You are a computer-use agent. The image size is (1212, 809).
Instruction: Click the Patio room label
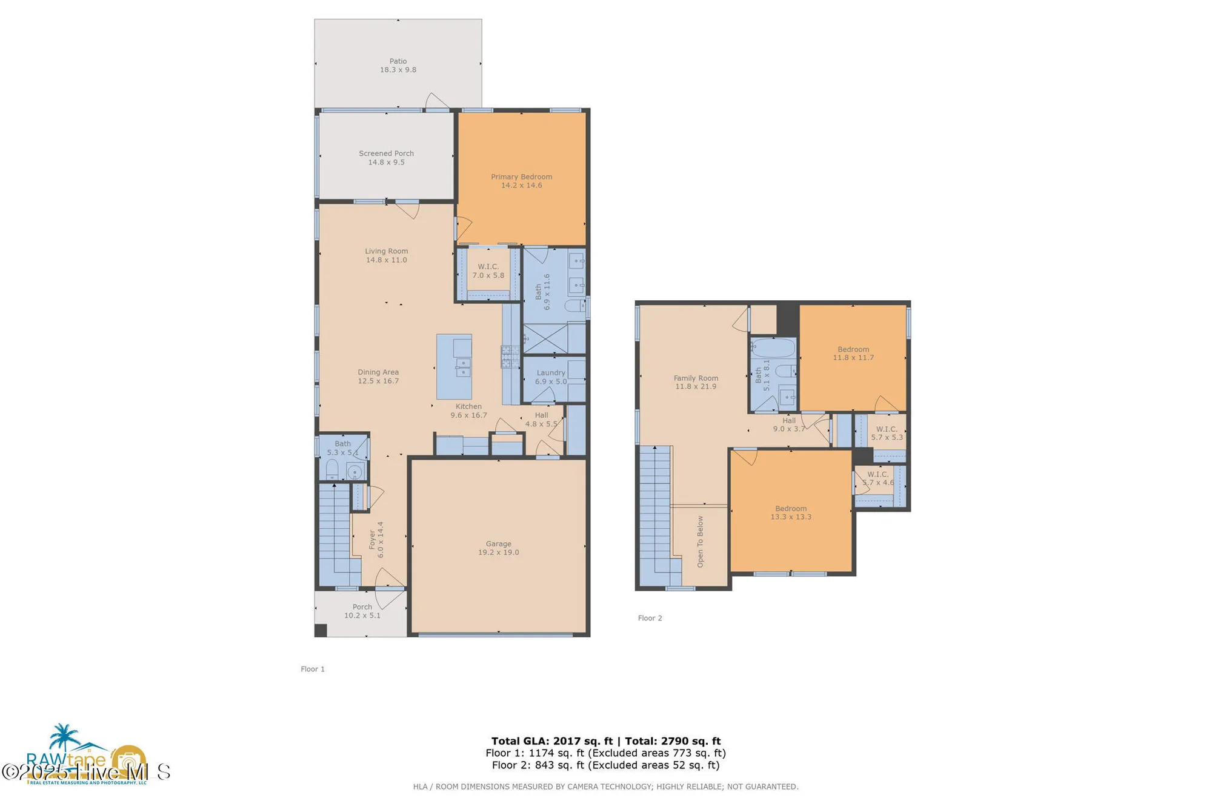tap(398, 61)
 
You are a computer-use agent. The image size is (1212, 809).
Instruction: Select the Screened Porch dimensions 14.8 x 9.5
tap(386, 163)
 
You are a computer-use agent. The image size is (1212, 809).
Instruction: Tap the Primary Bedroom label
tap(521, 177)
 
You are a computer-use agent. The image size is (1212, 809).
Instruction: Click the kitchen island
tap(454, 366)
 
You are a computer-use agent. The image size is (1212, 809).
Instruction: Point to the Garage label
tap(498, 544)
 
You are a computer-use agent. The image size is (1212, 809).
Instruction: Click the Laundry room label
tap(550, 373)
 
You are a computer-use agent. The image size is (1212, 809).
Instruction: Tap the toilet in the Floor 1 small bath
tap(332, 469)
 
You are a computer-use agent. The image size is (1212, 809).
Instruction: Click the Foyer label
tap(372, 540)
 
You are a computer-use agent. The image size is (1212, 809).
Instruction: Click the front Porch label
tap(362, 607)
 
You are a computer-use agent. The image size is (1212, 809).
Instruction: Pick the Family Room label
tap(696, 378)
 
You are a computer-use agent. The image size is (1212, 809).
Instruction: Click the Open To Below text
tap(701, 542)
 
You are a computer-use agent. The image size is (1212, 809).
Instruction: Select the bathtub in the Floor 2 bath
tap(773, 348)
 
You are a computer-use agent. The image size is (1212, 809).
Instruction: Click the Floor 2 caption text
tap(650, 618)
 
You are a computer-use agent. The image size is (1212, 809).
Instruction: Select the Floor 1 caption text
tap(313, 669)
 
